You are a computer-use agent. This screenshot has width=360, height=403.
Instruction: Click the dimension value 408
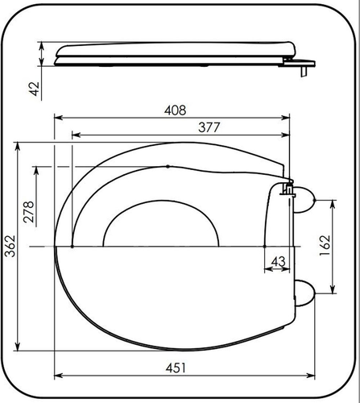(175, 110)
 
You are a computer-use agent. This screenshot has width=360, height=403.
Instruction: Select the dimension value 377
(209, 127)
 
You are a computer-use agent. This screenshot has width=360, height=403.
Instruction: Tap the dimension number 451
(176, 368)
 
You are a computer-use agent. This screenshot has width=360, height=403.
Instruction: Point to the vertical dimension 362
(10, 246)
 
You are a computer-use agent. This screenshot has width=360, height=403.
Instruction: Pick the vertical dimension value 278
(29, 212)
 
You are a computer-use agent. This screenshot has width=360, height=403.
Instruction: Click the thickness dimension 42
(34, 89)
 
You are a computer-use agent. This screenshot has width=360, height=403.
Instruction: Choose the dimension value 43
(278, 261)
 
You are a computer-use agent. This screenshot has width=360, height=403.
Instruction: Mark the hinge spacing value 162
(325, 246)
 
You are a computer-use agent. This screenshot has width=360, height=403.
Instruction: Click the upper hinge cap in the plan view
(304, 200)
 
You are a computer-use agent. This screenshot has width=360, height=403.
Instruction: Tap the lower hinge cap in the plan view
(304, 293)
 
